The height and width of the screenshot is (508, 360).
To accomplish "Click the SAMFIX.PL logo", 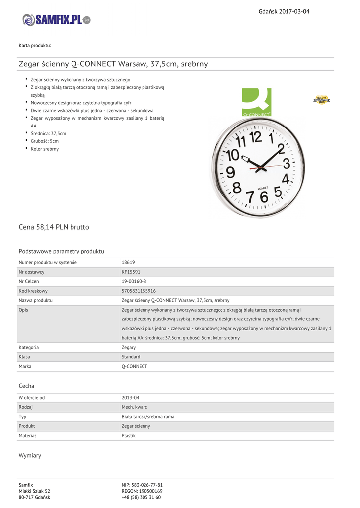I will (57, 20).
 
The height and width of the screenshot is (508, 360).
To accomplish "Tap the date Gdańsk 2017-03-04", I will (284, 11).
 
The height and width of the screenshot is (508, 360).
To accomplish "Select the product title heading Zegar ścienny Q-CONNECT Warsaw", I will (113, 64).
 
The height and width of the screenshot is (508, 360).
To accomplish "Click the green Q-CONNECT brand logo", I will (256, 102).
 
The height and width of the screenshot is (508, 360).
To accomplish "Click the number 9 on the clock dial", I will (230, 172).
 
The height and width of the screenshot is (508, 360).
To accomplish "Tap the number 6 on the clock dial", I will (264, 197).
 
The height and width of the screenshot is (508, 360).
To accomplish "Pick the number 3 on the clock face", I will (287, 163).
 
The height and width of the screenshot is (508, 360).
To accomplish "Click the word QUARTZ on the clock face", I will (263, 187).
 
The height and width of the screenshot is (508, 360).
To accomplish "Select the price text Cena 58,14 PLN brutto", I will (54, 227).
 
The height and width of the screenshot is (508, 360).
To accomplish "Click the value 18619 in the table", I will (128, 262).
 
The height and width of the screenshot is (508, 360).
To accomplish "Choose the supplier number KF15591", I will (131, 272).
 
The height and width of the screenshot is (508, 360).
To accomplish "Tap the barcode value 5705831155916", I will (139, 291).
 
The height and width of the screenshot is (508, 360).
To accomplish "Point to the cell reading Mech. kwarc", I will (134, 407).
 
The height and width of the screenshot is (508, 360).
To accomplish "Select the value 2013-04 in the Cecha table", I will (130, 397).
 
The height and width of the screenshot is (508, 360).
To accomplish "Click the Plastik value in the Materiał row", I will (129, 435).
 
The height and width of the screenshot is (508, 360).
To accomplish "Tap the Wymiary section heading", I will (30, 455).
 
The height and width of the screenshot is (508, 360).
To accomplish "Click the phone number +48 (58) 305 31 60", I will (141, 497).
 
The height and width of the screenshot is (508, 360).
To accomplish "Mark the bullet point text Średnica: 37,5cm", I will (48, 133).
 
